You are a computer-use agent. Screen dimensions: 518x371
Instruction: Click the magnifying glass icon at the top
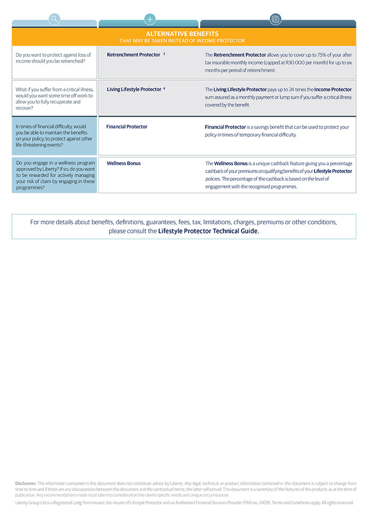54,20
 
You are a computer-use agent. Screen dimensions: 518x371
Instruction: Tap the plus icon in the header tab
150,20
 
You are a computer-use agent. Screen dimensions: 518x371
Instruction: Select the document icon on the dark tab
275,20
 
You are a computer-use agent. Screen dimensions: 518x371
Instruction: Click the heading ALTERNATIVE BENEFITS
182,34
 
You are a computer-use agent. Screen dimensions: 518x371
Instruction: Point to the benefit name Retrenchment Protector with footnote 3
134,54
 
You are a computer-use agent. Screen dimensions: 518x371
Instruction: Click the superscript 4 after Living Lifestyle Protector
164,89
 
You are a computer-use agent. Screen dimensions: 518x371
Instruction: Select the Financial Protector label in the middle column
127,126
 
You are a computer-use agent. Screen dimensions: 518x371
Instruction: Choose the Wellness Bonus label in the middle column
124,163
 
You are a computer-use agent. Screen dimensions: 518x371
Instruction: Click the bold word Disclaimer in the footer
25,483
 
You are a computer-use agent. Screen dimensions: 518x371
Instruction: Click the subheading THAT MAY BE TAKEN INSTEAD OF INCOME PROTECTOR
182,40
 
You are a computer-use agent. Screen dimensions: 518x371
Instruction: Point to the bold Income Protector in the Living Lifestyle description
333,89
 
